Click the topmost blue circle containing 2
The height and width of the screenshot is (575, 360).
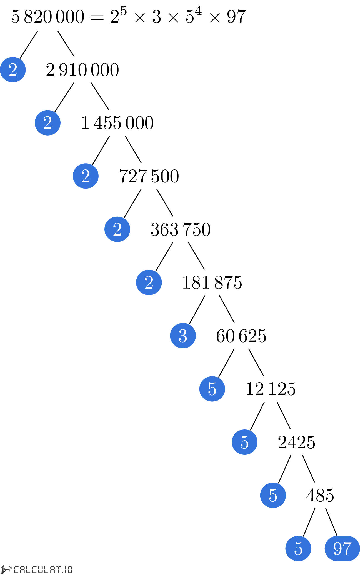13,69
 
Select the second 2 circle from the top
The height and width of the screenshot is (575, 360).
47,123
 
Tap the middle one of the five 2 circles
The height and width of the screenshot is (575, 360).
86,176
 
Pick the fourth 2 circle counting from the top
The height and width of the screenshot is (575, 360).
117,229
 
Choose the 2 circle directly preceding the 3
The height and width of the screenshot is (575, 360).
149,282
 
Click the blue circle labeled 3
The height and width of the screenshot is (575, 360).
183,336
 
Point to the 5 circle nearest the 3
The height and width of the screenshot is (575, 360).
212,389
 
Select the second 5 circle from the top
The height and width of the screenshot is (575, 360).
244,442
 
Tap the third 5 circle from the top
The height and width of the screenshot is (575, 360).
273,495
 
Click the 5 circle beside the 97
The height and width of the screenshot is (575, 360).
298,548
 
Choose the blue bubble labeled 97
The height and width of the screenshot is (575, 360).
342,548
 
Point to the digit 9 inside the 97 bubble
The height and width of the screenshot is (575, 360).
337,549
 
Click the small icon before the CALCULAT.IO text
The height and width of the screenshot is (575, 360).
6,569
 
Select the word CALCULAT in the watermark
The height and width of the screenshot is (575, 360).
37,570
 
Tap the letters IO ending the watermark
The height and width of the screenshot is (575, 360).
68,570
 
